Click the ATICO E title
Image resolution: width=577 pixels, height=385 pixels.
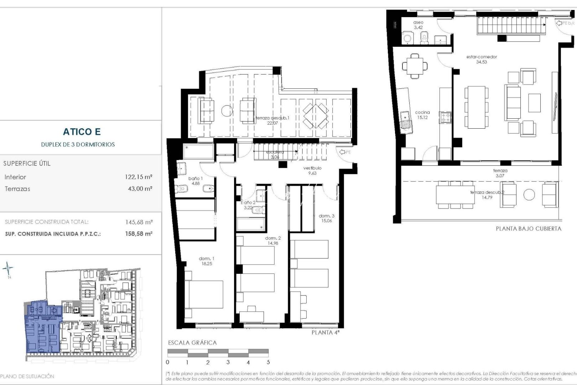click(82, 132)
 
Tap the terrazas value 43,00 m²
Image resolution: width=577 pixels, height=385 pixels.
click(140, 189)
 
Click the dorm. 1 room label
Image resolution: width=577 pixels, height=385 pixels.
click(207, 261)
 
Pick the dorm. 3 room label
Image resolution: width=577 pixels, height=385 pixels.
click(326, 218)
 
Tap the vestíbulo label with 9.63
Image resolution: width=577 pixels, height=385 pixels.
click(312, 170)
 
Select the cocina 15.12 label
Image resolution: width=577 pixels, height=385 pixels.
click(422, 115)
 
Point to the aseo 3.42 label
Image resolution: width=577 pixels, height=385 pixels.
click(419, 25)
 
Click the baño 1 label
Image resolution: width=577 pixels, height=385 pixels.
click(196, 181)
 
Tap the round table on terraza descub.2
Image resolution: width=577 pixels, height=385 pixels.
click(529, 195)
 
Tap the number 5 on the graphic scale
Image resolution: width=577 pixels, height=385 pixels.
click(268, 362)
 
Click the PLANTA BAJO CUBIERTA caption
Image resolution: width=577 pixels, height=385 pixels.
click(528, 229)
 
